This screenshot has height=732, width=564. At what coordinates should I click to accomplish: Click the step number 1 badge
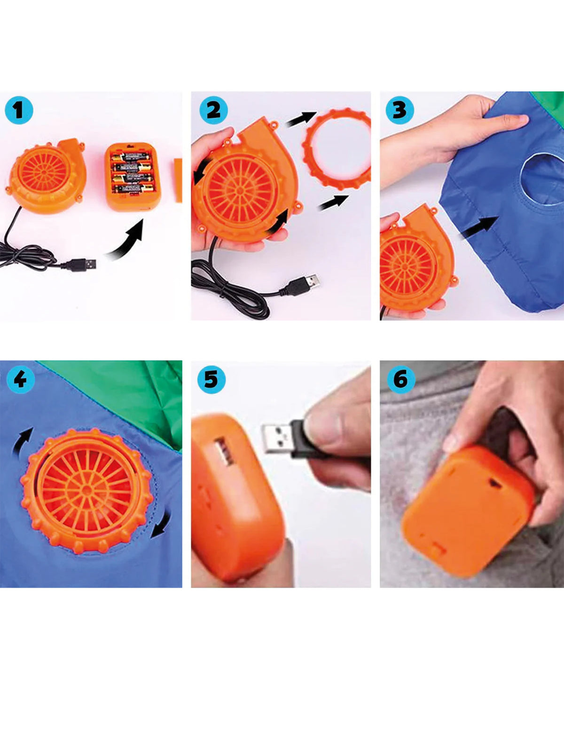click(x=19, y=110)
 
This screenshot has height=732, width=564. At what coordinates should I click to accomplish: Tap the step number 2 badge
click(x=213, y=110)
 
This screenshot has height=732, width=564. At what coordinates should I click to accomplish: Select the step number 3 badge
click(x=399, y=110)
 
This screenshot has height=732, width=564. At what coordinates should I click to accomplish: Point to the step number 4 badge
click(x=21, y=380)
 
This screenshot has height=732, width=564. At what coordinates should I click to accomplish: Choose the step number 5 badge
click(x=211, y=380)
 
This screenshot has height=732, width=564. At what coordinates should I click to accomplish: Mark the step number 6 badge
click(x=401, y=380)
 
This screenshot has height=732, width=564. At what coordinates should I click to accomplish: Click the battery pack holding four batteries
click(x=133, y=177)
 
